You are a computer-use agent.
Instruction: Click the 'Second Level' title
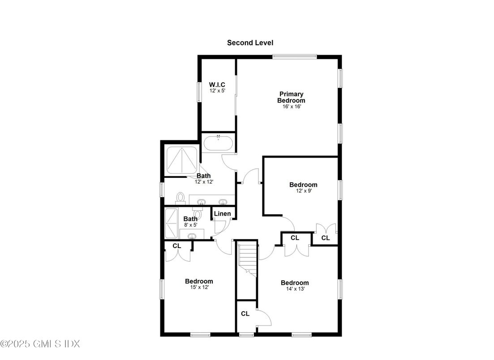click(250, 43)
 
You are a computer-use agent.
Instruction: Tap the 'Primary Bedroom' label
click(291, 98)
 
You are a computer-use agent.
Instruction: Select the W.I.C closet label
click(217, 85)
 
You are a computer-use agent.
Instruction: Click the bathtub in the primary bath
click(218, 144)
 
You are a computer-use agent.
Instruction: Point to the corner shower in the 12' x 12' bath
click(181, 159)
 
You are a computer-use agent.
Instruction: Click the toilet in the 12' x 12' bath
click(181, 197)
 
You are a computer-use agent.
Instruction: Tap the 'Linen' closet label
click(222, 214)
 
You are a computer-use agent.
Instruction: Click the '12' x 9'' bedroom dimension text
click(303, 191)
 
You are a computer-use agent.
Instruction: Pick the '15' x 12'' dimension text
click(199, 287)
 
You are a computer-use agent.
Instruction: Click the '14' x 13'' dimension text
click(295, 289)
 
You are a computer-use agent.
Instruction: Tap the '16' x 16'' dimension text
click(291, 107)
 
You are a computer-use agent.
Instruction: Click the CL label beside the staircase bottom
click(245, 314)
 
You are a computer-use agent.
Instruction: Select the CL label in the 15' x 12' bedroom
click(177, 245)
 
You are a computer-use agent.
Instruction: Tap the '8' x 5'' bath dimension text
click(190, 225)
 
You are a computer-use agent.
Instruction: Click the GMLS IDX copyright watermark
click(40, 344)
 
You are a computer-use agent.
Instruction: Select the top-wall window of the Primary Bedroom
click(295, 56)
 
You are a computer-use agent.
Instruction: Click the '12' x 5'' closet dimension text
click(217, 91)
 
